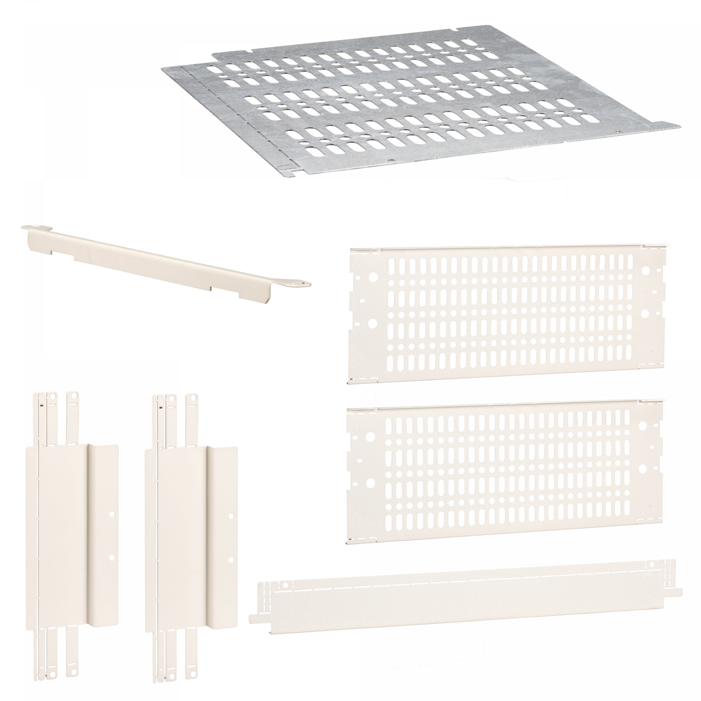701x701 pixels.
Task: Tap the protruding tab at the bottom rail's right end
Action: [x=678, y=592]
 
